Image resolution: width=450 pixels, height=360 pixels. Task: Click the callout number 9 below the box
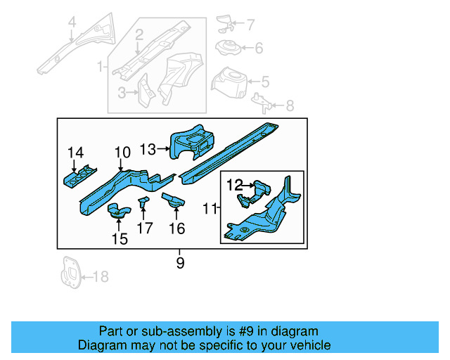click(x=180, y=263)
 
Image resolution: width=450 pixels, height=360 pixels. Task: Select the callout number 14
click(x=75, y=153)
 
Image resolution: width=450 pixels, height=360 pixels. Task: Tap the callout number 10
click(x=122, y=153)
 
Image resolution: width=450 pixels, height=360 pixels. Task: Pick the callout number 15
click(x=120, y=239)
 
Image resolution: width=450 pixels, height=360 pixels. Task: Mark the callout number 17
click(x=145, y=228)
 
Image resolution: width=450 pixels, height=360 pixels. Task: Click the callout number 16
click(x=176, y=228)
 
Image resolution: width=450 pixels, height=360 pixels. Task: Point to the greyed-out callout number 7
click(x=251, y=25)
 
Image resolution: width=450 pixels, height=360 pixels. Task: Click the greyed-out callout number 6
click(x=258, y=49)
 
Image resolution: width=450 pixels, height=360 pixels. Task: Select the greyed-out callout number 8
click(x=290, y=106)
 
